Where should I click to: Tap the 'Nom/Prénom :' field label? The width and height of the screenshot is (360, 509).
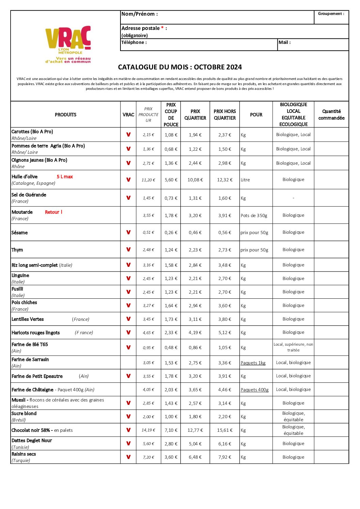[x=140, y=14]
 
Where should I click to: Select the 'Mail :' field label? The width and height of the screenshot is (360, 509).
[x=284, y=43]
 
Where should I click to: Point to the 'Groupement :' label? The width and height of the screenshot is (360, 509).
[x=331, y=14]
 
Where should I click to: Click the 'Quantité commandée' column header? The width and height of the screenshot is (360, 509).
[x=331, y=115]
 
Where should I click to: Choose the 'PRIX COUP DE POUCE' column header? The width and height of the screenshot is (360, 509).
[x=171, y=115]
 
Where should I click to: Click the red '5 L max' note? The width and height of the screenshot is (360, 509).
[x=65, y=177]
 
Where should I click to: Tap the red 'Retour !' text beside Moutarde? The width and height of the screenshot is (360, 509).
[x=53, y=212]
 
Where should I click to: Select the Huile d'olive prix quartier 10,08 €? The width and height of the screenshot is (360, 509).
[x=195, y=180]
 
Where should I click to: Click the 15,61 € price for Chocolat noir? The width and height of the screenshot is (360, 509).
[x=225, y=430]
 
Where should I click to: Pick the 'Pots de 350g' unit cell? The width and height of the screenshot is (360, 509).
[x=254, y=215]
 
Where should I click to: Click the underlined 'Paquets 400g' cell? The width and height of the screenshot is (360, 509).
[x=255, y=390]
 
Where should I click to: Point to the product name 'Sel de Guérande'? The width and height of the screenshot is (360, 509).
[x=29, y=195]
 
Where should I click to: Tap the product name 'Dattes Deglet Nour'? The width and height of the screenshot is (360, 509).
[x=32, y=440]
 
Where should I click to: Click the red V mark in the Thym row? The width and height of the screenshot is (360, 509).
[x=128, y=249]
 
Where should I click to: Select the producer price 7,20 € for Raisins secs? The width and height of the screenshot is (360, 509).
[x=148, y=457]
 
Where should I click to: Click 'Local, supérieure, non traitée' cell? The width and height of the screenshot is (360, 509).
[x=293, y=347]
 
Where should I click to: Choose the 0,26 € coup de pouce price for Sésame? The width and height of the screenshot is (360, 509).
[x=171, y=232]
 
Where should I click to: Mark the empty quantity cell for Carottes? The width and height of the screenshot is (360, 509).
[x=331, y=135]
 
